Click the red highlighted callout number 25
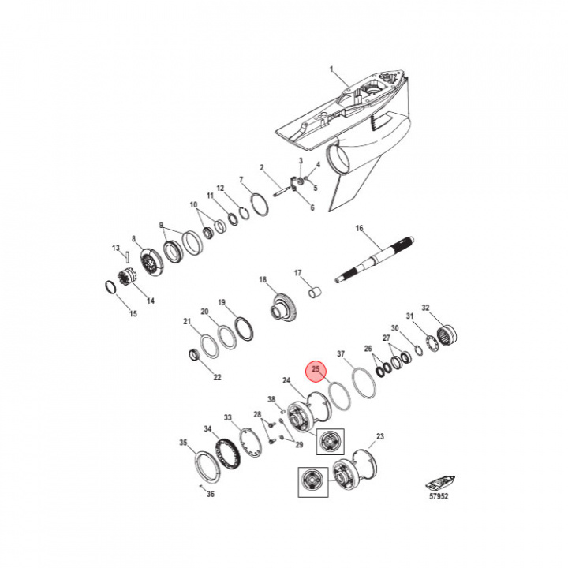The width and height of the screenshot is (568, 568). click(x=316, y=369)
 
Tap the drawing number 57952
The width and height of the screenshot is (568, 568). click(x=439, y=496)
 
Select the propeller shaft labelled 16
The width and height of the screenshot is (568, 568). click(x=375, y=260)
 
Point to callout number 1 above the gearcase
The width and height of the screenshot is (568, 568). click(x=331, y=69)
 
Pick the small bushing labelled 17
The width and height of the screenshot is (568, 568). click(x=315, y=292)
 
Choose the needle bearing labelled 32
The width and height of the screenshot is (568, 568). click(x=447, y=334)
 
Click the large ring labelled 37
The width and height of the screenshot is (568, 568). click(x=364, y=383)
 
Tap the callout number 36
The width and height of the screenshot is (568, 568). click(x=211, y=494)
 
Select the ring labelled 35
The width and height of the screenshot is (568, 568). click(x=207, y=467)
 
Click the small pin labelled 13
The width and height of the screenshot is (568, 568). click(x=127, y=256)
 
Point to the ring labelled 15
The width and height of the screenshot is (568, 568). click(x=110, y=289)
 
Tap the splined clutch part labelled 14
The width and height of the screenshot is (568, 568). click(x=127, y=277)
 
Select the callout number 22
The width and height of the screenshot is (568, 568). click(x=218, y=377)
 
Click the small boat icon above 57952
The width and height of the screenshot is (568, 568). click(x=440, y=484)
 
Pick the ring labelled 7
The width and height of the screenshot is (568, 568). click(x=260, y=204)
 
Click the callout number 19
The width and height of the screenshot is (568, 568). click(x=222, y=302)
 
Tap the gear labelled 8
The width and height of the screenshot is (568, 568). click(x=151, y=262)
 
